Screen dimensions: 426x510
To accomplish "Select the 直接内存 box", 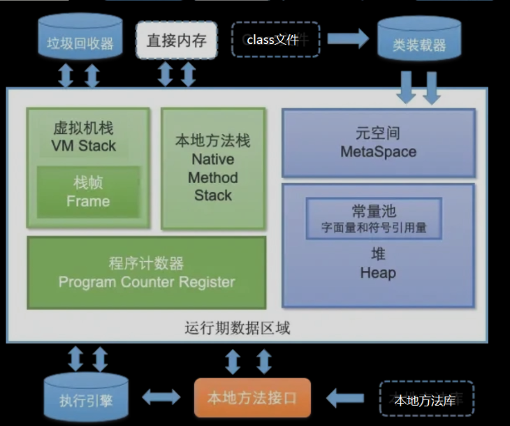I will (x=176, y=41).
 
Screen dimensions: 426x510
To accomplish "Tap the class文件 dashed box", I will (x=275, y=40).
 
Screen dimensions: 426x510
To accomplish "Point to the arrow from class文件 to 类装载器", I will (x=347, y=39).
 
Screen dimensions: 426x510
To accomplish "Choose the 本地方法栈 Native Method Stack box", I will (x=213, y=168).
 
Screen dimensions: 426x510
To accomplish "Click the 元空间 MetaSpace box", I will (x=378, y=142).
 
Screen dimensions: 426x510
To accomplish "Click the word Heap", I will (x=378, y=273).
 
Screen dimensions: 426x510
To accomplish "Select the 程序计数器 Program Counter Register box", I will (x=146, y=273).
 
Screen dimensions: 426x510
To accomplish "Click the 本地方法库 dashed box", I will (x=426, y=399).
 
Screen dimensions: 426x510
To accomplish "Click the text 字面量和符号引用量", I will (x=374, y=228).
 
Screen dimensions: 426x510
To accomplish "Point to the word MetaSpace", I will (x=378, y=152).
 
